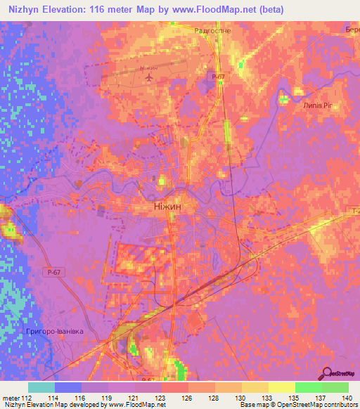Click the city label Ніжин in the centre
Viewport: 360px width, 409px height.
click(x=168, y=207)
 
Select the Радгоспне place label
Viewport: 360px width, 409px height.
click(x=212, y=32)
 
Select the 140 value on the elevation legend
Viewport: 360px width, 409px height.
click(x=347, y=398)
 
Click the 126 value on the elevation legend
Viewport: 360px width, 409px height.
click(x=188, y=398)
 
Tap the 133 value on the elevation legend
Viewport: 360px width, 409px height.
click(x=268, y=398)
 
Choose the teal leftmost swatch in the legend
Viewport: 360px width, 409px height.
click(x=41, y=387)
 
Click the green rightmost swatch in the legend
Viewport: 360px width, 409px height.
click(x=335, y=387)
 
